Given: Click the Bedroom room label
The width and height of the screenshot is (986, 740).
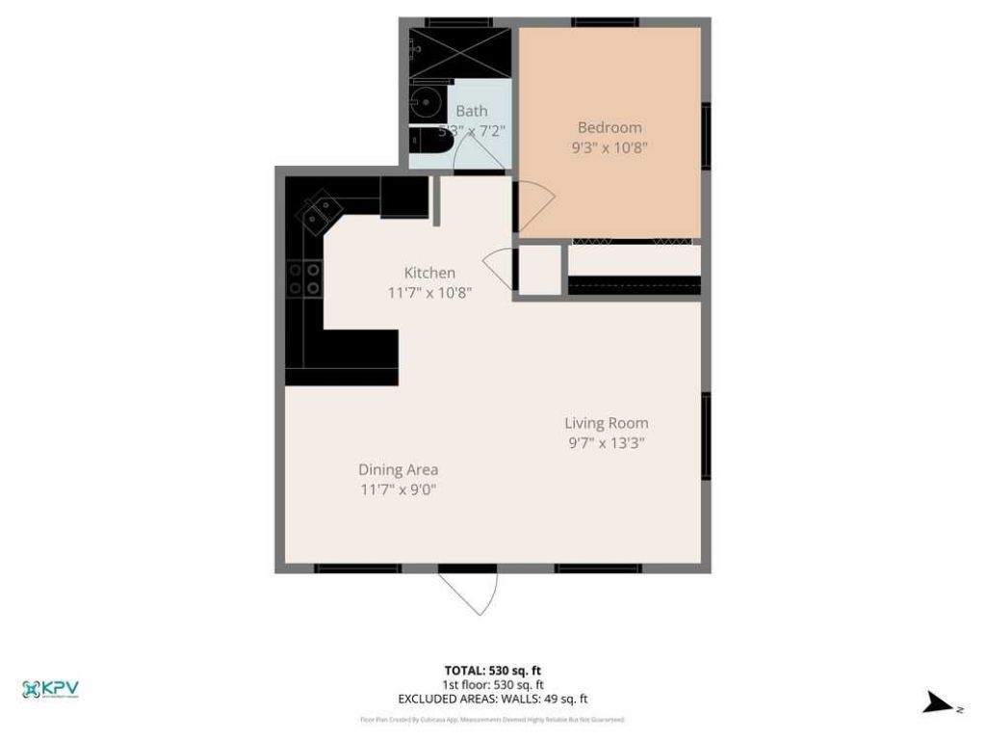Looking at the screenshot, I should (610, 127).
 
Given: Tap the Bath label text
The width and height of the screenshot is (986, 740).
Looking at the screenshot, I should (472, 111).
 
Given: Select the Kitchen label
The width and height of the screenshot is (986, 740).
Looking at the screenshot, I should (429, 273).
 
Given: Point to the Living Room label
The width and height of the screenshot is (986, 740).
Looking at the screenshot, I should (606, 423).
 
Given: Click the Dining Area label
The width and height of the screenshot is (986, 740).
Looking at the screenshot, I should (399, 469).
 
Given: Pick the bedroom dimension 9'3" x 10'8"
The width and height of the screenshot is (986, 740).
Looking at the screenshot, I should (610, 148).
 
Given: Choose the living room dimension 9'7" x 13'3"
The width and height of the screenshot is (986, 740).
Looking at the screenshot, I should (606, 444).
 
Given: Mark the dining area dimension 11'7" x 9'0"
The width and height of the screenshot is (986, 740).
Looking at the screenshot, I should (399, 489).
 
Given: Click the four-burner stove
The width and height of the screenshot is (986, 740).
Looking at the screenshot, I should (304, 277).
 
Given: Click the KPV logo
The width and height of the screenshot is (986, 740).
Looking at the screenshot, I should (50, 689).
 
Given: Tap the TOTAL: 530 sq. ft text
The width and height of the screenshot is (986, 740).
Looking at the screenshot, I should (492, 671).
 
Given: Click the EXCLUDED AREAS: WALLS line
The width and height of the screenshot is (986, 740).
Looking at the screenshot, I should (492, 699).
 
